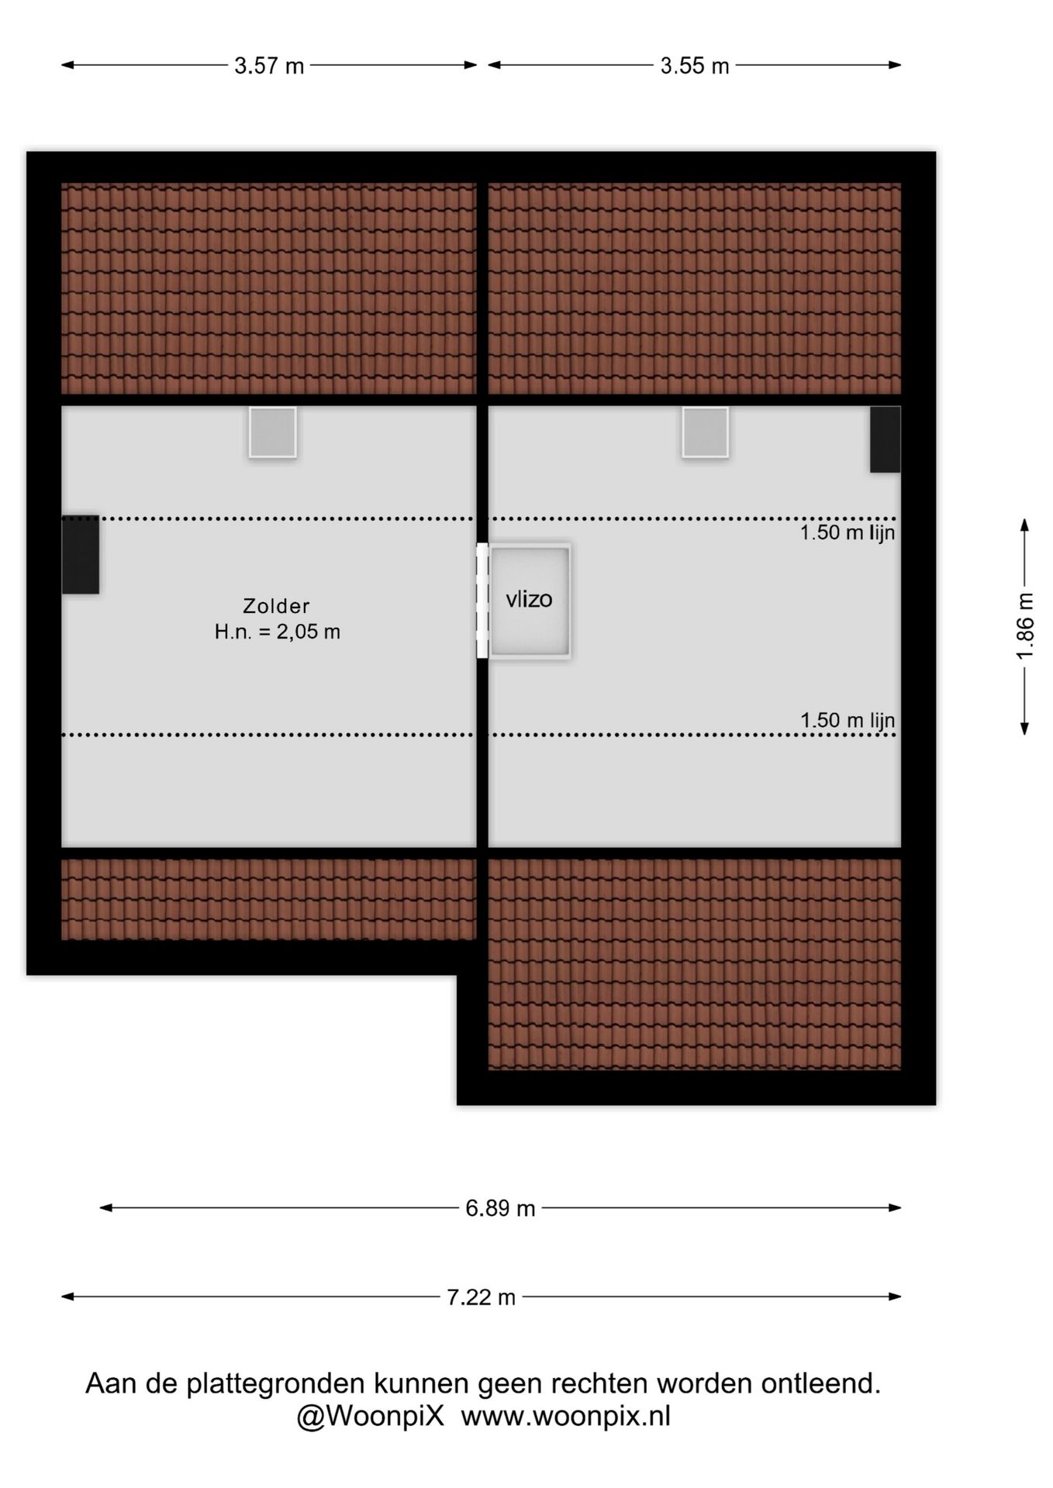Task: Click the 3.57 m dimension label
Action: pyautogui.click(x=269, y=66)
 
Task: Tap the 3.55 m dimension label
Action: pyautogui.click(x=695, y=66)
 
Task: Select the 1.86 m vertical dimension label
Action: pyautogui.click(x=1025, y=626)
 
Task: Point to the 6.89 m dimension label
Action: pyautogui.click(x=500, y=1208)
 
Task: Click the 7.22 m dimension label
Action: pyautogui.click(x=481, y=1297)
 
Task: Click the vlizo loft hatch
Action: pyautogui.click(x=530, y=601)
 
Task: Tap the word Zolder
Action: pyautogui.click(x=276, y=606)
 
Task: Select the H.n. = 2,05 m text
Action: pyautogui.click(x=278, y=632)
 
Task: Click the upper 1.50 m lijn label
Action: pyautogui.click(x=848, y=532)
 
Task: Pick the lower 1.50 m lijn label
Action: pyautogui.click(x=848, y=720)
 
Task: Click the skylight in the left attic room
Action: pyautogui.click(x=273, y=432)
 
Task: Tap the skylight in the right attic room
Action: pyautogui.click(x=706, y=432)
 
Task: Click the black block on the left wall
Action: pyautogui.click(x=81, y=555)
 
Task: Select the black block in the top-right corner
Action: pyautogui.click(x=886, y=439)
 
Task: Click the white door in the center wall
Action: pyautogui.click(x=482, y=601)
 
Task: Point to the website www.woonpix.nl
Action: pyautogui.click(x=566, y=1416)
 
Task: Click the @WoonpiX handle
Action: pyautogui.click(x=371, y=1416)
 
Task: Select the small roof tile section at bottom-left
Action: pyautogui.click(x=269, y=899)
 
